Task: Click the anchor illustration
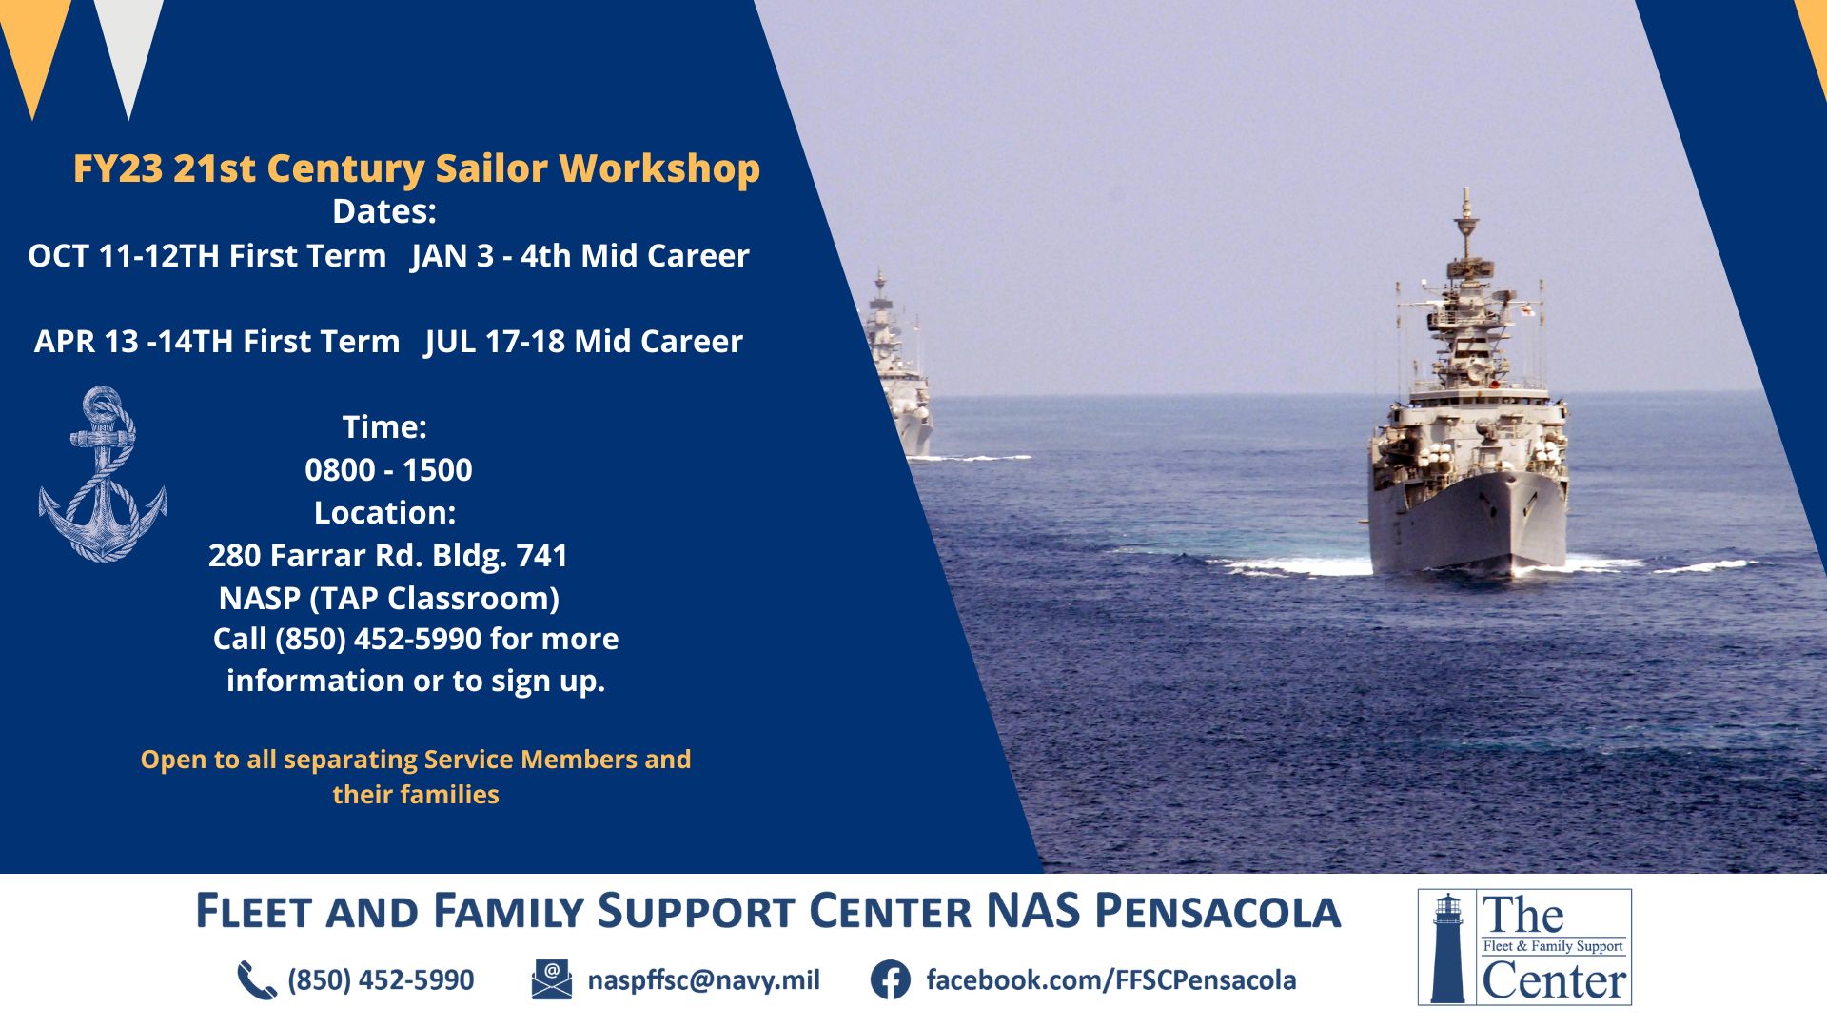102,474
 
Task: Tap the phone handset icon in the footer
256,980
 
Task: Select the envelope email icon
552,979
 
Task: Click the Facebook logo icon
890,979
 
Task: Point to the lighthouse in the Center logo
1448,948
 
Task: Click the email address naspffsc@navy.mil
703,979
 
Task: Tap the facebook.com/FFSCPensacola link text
1110,979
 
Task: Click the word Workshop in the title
659,168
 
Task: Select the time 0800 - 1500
388,469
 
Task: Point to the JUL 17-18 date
495,342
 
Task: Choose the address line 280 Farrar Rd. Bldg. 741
388,555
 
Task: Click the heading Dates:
384,211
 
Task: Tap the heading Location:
385,512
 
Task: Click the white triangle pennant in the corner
128,48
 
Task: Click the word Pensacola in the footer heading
1217,911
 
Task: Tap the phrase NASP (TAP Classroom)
389,598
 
